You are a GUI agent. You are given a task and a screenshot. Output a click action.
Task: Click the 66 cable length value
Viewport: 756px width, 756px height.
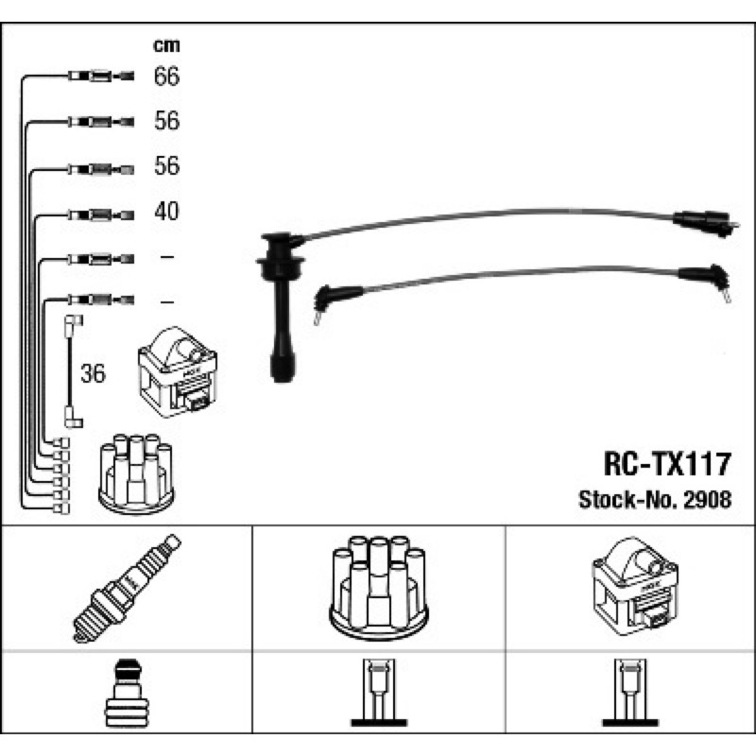coord(166,77)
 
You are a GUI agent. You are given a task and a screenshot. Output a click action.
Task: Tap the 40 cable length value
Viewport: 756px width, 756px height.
coord(166,211)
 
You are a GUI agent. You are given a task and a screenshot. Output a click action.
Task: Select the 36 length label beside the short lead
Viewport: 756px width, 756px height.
coord(93,373)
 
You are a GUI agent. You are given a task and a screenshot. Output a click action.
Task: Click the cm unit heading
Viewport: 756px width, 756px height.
coord(166,45)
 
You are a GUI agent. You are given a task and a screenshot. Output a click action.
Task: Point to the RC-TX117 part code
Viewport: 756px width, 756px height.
coord(667,464)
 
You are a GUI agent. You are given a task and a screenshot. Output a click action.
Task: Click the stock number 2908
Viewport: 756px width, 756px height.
coord(707,500)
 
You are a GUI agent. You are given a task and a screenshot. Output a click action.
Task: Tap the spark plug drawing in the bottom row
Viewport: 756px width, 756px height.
coord(127,588)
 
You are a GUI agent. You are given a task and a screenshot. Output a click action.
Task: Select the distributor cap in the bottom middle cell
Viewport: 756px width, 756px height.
coord(379,588)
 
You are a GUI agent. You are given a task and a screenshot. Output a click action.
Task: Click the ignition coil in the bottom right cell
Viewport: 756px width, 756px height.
coord(635,586)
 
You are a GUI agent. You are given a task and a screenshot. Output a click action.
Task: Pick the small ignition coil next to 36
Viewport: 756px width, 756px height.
coord(178,371)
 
